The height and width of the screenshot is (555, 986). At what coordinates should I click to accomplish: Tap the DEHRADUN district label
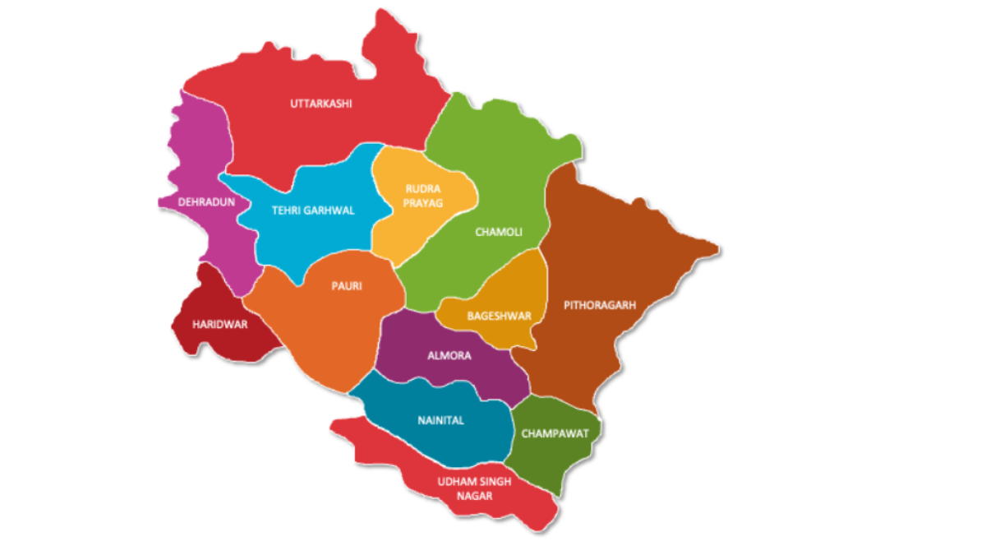(x=207, y=201)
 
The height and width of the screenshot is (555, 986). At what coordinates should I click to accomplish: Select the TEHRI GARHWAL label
(x=313, y=210)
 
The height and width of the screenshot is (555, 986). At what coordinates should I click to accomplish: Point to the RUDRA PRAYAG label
(x=423, y=196)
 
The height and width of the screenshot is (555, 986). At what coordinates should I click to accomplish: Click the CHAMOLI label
(x=499, y=232)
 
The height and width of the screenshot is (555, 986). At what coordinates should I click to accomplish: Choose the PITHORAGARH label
(x=600, y=305)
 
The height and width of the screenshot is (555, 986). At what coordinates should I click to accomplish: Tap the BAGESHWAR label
(x=499, y=316)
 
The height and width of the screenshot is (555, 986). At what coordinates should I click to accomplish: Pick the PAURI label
(x=346, y=286)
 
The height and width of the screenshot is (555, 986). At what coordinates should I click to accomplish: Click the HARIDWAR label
(x=219, y=324)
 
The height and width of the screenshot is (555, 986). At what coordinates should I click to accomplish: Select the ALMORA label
(x=449, y=356)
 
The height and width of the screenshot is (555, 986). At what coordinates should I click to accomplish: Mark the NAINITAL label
(x=440, y=420)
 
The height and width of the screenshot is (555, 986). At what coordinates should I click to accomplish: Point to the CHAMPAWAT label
(x=555, y=433)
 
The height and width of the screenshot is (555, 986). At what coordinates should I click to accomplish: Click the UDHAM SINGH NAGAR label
(x=475, y=488)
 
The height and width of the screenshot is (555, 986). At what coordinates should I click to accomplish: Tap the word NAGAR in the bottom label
(x=475, y=496)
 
